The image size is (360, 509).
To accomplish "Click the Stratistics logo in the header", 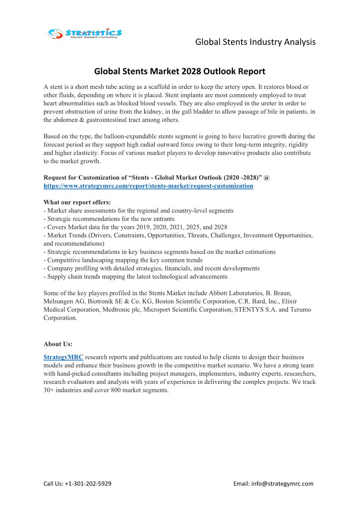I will coord(85,33).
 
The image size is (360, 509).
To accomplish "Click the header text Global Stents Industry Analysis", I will coord(255,42).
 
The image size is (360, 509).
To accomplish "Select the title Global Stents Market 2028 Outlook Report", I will coord(180,71).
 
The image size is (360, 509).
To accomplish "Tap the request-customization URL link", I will coord(148,186).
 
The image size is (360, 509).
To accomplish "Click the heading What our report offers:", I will coord(77,202).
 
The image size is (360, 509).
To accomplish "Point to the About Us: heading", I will coord(58,344).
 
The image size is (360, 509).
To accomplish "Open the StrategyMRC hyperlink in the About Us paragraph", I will coord(63,357).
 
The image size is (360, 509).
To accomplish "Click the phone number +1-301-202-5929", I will coord(88,484).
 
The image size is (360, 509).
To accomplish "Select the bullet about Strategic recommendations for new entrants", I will coord(109,219).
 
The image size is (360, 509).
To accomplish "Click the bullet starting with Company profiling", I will coord(151,268).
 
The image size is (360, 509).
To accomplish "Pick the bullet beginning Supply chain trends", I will coord(135,276).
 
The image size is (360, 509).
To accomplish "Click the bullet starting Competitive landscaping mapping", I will coord(123,260).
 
